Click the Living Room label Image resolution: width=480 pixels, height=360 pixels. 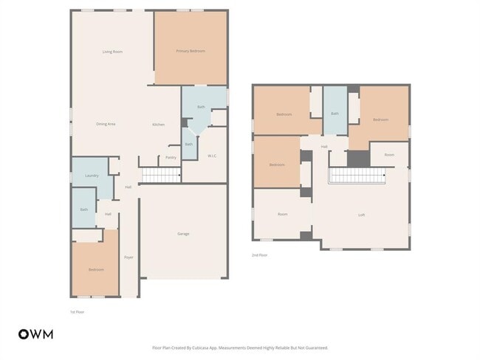[x=112, y=52]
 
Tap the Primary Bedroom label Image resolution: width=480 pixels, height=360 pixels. [x=191, y=51]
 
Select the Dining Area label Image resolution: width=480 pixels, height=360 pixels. [x=106, y=124]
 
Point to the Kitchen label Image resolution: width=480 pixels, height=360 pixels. [x=158, y=124]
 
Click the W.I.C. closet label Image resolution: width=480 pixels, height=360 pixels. [x=211, y=156]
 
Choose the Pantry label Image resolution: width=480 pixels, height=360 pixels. [x=170, y=157]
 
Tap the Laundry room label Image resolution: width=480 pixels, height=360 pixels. [x=92, y=176]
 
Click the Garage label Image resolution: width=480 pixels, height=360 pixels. [x=183, y=234]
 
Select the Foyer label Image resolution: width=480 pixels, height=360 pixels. [x=128, y=257]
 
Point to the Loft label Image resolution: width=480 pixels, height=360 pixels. [x=361, y=215]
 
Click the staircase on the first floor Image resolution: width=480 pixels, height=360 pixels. [x=160, y=175]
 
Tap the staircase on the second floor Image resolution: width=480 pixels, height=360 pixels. [x=357, y=176]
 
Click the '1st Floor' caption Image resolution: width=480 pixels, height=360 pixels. [x=77, y=312]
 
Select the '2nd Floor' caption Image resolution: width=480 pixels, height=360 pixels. [x=259, y=255]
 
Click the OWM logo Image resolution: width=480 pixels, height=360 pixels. [x=35, y=334]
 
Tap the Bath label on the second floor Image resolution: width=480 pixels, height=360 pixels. [x=335, y=114]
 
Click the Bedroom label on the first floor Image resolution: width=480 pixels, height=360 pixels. [x=96, y=270]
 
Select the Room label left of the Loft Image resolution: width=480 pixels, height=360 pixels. [x=282, y=215]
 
